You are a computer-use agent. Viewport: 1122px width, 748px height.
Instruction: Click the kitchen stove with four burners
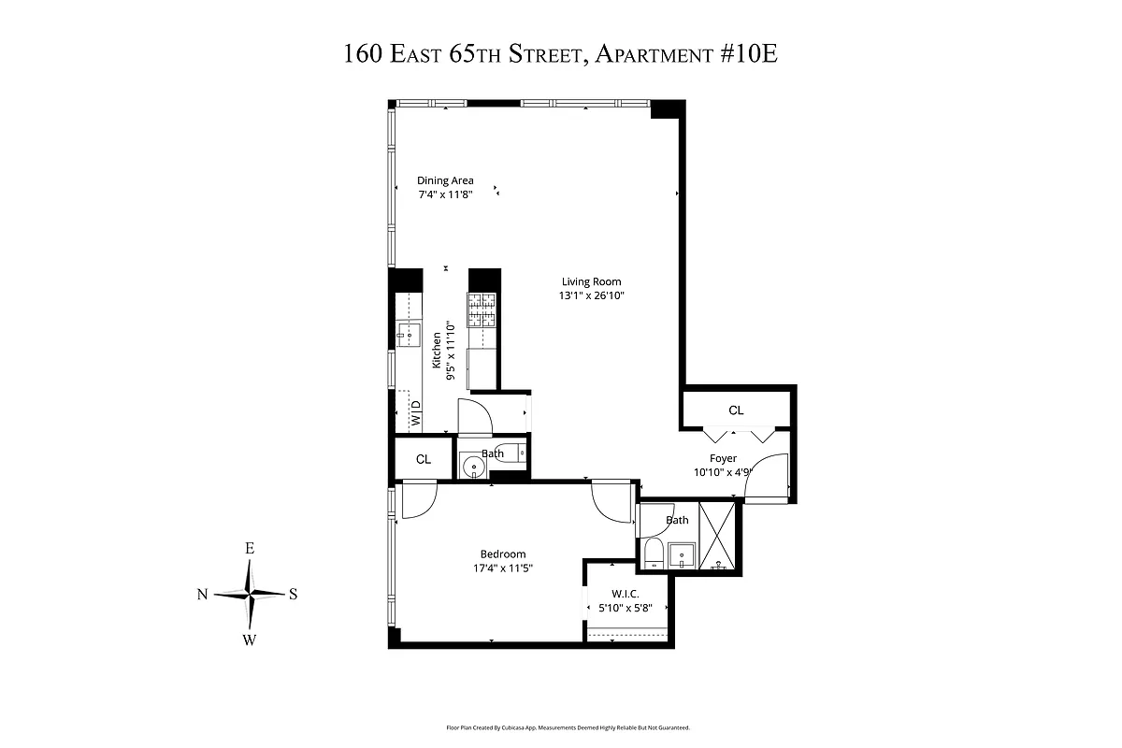click(482, 309)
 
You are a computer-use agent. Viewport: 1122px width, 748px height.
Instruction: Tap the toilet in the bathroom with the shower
click(654, 554)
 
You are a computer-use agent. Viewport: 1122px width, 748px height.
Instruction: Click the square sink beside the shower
click(682, 554)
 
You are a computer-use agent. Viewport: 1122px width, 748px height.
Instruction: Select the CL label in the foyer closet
click(737, 410)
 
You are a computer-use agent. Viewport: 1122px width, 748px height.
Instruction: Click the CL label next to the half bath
click(424, 459)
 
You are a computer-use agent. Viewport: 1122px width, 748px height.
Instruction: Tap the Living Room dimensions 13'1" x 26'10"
click(591, 295)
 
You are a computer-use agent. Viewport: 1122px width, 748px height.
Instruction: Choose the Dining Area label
click(445, 180)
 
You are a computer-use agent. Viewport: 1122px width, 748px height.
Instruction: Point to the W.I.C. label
click(625, 593)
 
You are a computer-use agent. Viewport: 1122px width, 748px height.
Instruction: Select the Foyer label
click(723, 458)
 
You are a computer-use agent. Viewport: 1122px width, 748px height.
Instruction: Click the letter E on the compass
click(250, 549)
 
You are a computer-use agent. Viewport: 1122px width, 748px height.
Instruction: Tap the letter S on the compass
click(293, 594)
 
